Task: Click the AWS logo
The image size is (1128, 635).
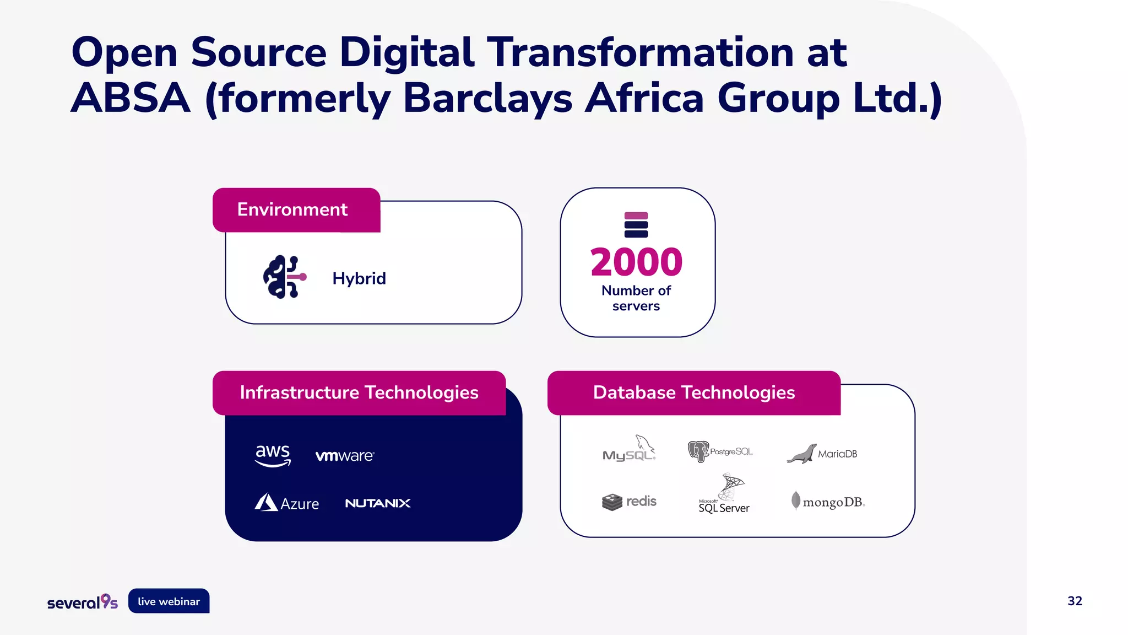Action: [x=273, y=455]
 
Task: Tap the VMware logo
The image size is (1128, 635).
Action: [x=345, y=456]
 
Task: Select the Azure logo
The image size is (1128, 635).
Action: [x=287, y=503]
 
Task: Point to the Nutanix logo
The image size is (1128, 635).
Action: [x=378, y=503]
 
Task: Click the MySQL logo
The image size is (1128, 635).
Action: [x=629, y=449]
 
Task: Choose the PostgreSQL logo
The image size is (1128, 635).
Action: [x=720, y=451]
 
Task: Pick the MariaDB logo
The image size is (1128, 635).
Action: [x=822, y=454]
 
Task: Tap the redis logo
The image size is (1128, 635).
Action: [x=629, y=502]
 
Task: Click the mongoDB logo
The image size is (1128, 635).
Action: [x=828, y=502]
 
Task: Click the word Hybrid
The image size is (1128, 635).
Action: [x=359, y=278]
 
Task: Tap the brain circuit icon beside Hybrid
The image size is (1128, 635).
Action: [x=284, y=277]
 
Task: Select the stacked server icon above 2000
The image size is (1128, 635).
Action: [x=636, y=225]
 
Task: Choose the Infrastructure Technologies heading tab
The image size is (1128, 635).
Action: [x=359, y=393]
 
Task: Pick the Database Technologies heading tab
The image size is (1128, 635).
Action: [x=694, y=393]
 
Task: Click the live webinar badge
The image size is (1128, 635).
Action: [x=169, y=601]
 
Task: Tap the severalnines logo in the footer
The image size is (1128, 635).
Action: [x=83, y=602]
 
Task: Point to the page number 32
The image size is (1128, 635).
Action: [x=1075, y=601]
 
